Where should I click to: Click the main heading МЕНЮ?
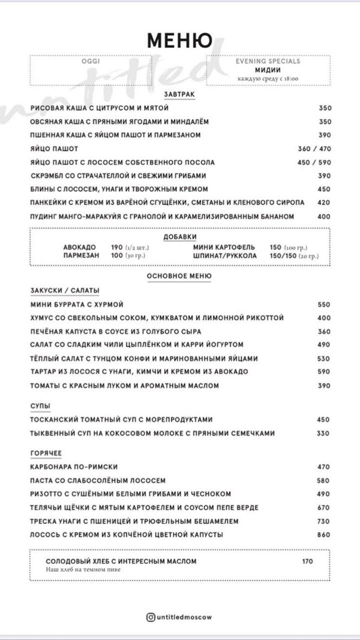pyautogui.click(x=179, y=40)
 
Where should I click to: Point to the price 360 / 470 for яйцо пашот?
pyautogui.click(x=314, y=149)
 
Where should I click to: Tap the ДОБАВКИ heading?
pyautogui.click(x=179, y=237)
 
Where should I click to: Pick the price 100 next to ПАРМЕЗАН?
pyautogui.click(x=117, y=255)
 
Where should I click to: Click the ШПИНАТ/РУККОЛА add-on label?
pyautogui.click(x=225, y=255)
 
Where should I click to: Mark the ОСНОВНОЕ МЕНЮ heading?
pyautogui.click(x=179, y=276)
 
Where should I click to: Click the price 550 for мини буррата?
pyautogui.click(x=324, y=304)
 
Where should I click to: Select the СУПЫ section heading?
pyautogui.click(x=40, y=405)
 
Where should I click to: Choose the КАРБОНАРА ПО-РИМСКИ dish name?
pyautogui.click(x=74, y=467)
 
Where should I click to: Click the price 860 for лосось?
pyautogui.click(x=324, y=535)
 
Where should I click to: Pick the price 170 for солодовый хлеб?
pyautogui.click(x=307, y=561)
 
